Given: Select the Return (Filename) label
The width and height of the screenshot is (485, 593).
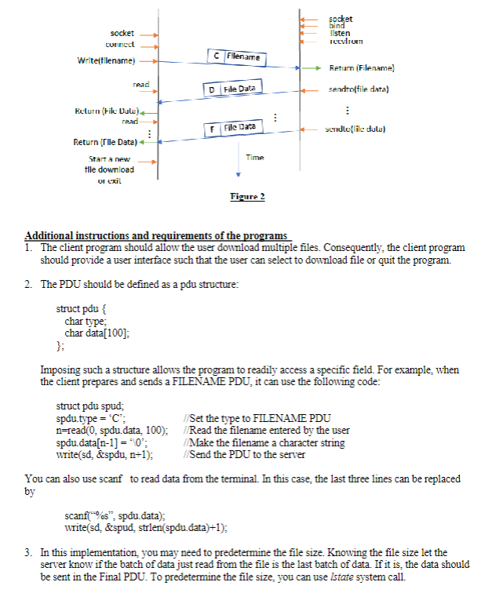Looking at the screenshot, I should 362,68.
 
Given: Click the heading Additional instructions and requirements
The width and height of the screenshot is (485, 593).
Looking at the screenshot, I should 157,235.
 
